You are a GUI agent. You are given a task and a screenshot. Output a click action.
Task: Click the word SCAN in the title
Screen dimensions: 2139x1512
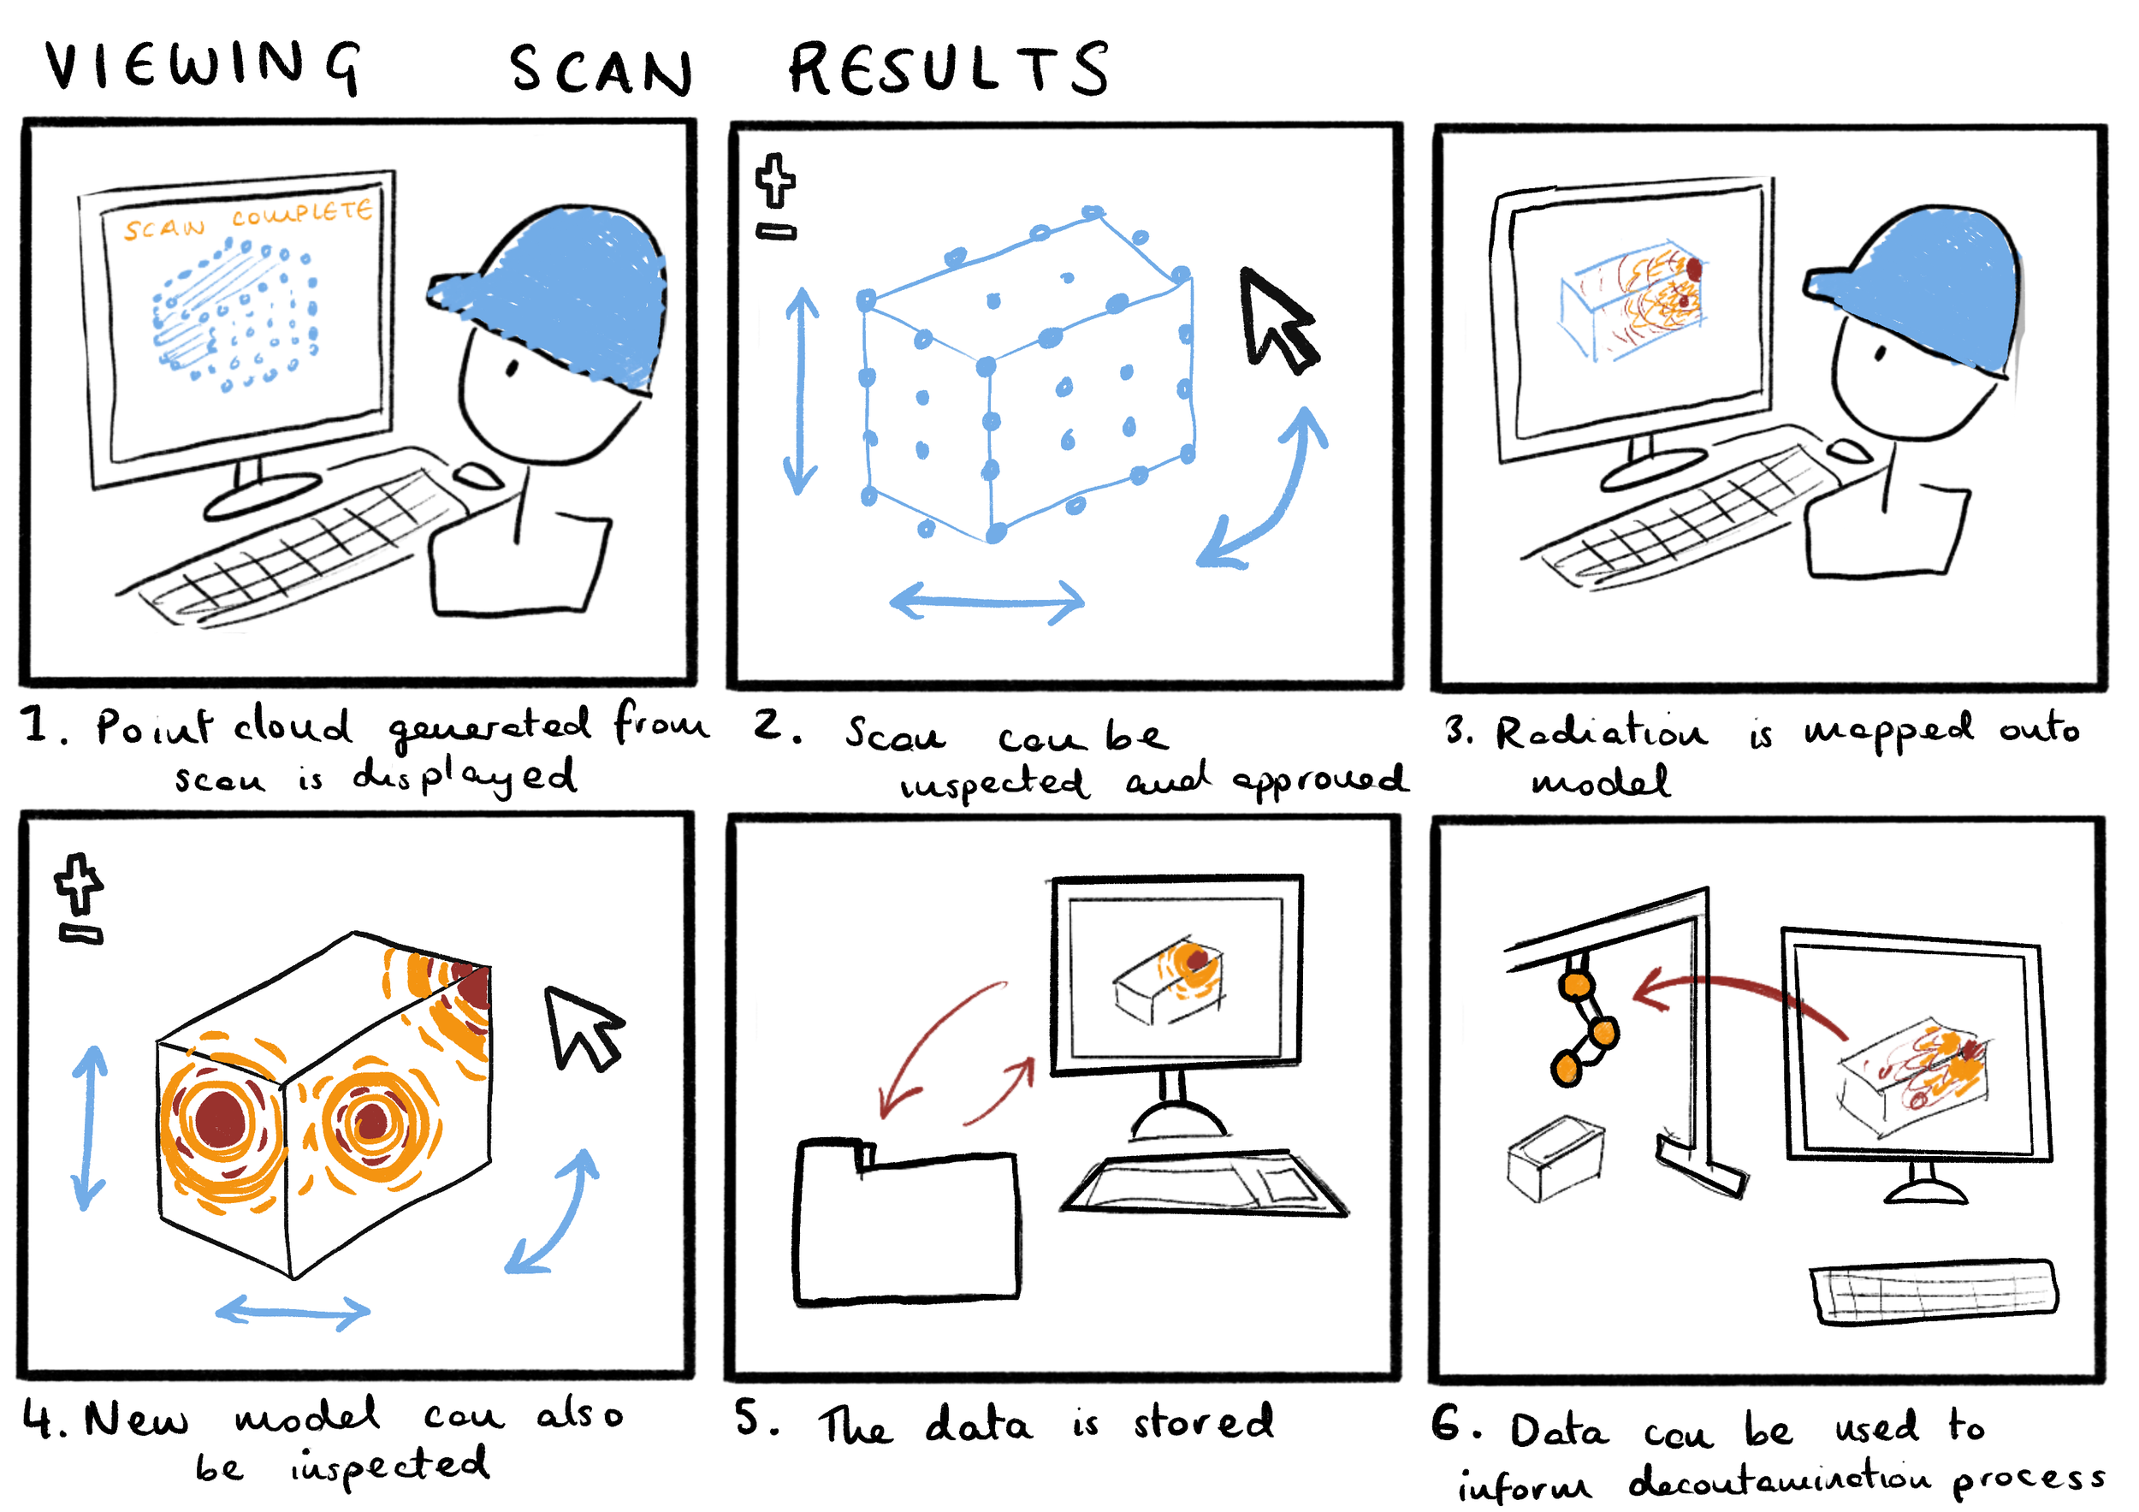tap(601, 71)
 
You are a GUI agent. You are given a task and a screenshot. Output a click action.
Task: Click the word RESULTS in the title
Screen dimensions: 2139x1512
tap(948, 69)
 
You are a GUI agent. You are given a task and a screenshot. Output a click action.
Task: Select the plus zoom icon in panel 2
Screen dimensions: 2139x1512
tap(775, 180)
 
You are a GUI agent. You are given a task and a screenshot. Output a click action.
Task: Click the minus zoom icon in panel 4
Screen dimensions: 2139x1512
tap(81, 934)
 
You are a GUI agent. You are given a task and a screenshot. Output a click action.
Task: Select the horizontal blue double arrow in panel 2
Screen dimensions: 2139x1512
tap(987, 601)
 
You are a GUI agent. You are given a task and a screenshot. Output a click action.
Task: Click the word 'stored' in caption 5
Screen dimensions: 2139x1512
tap(1203, 1422)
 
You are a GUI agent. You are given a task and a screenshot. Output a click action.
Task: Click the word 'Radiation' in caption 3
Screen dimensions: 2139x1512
tap(1601, 732)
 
